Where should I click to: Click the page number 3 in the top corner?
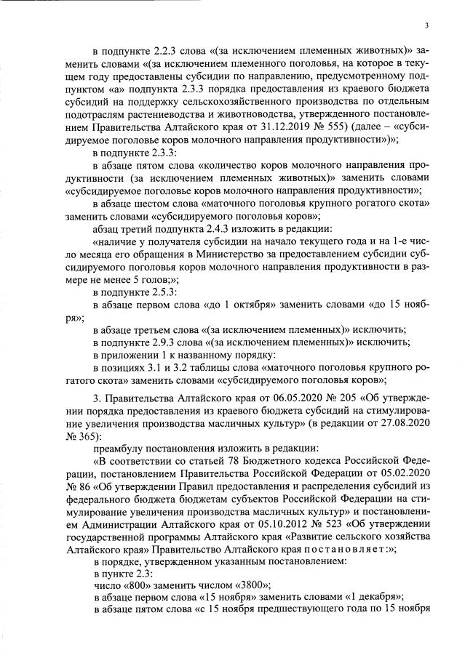[427, 25]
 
